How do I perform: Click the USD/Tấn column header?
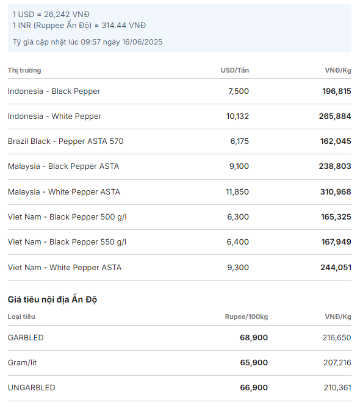pyautogui.click(x=235, y=70)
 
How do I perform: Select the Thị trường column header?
pyautogui.click(x=24, y=70)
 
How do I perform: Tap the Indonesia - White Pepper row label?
pyautogui.click(x=54, y=116)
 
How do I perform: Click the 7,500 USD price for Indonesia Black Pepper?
pyautogui.click(x=239, y=91)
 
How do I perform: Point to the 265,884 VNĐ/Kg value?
pyautogui.click(x=335, y=116)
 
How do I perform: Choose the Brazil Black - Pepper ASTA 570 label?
pyautogui.click(x=66, y=141)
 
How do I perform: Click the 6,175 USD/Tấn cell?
pyautogui.click(x=239, y=141)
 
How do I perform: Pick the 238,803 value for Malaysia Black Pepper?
pyautogui.click(x=335, y=166)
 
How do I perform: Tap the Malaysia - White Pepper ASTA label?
pyautogui.click(x=64, y=192)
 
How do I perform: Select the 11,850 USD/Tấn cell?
pyautogui.click(x=237, y=192)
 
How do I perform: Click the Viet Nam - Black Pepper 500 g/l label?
pyautogui.click(x=67, y=217)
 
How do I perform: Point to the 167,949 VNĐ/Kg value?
pyautogui.click(x=336, y=242)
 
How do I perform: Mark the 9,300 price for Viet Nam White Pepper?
pyautogui.click(x=238, y=268)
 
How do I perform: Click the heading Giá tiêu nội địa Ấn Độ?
pyautogui.click(x=52, y=299)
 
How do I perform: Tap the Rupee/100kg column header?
pyautogui.click(x=247, y=317)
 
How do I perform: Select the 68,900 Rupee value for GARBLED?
pyautogui.click(x=254, y=338)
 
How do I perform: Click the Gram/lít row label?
pyautogui.click(x=23, y=363)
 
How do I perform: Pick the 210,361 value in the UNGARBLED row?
pyautogui.click(x=337, y=388)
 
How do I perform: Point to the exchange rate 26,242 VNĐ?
pyautogui.click(x=67, y=15)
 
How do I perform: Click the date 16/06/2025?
pyautogui.click(x=142, y=42)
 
